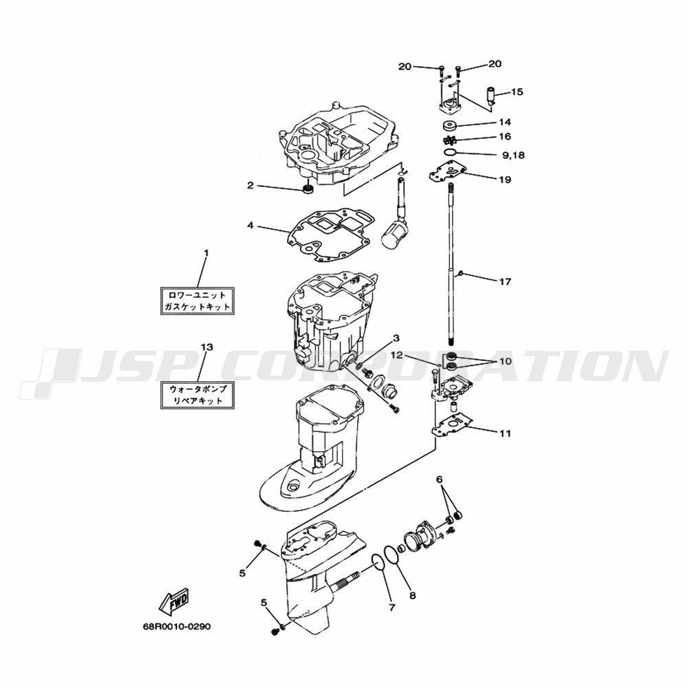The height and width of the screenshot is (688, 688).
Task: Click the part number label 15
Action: coord(517,92)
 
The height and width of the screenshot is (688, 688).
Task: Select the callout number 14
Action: coord(505,122)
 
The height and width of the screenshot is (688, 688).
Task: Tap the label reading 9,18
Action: coord(513,155)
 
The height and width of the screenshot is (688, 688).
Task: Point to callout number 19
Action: coord(506,180)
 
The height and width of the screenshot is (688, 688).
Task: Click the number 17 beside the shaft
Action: coord(506,281)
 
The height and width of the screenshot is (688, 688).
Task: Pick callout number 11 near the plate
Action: coord(506,433)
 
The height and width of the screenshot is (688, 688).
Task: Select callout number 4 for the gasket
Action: coord(251,225)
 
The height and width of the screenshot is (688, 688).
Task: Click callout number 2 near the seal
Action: coord(251,185)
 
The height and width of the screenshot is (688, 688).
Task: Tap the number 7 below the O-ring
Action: coord(391,608)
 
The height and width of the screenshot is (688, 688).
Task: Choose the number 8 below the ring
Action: coord(412,595)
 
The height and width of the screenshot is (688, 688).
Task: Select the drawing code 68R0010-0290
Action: coord(172,627)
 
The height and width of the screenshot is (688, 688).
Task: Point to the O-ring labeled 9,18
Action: coord(449,151)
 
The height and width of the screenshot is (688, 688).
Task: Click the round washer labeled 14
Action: coord(451,126)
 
